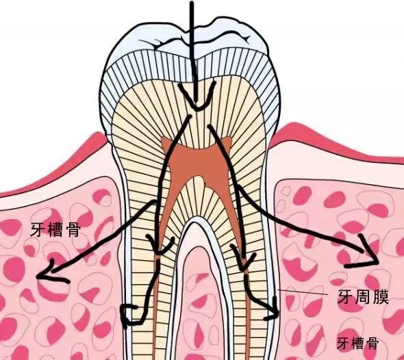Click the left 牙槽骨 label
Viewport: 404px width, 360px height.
click(x=55, y=230)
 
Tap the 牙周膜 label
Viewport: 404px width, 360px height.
click(x=363, y=298)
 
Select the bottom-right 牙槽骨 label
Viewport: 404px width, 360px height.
click(x=357, y=343)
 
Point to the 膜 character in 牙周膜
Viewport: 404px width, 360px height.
click(x=380, y=298)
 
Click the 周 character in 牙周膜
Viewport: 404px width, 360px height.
click(x=363, y=298)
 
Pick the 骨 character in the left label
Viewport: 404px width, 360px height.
click(x=73, y=230)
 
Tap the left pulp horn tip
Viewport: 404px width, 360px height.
click(x=163, y=140)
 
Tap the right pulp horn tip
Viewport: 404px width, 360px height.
click(x=230, y=138)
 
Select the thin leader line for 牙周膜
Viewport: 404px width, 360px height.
click(x=303, y=292)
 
